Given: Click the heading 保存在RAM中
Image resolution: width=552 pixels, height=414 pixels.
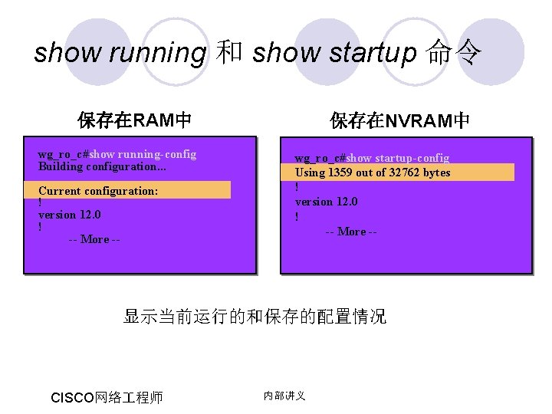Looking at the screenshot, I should (x=134, y=120).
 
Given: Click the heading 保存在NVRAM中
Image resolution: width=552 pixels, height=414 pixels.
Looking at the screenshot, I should (x=400, y=120).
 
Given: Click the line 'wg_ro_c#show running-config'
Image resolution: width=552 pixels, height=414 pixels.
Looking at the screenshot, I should (x=117, y=154).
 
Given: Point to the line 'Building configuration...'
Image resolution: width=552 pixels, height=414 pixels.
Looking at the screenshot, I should (x=102, y=166).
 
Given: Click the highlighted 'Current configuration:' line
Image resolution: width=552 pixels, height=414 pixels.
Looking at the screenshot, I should (x=98, y=191).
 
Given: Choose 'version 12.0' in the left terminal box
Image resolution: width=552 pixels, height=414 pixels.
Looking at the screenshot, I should (x=70, y=215).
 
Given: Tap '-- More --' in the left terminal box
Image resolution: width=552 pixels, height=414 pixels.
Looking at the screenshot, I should (x=94, y=239).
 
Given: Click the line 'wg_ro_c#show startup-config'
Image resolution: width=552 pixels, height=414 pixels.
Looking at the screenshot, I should (x=373, y=158).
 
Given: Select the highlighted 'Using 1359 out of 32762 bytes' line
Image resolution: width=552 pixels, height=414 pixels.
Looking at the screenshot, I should (x=373, y=172).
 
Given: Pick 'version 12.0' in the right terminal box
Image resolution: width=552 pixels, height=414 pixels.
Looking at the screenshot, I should (x=327, y=202).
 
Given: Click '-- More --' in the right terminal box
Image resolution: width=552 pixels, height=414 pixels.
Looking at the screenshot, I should (x=351, y=232).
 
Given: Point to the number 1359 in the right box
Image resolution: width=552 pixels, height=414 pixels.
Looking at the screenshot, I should (x=340, y=172).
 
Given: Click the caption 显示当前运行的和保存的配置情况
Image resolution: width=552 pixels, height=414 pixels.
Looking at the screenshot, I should (x=255, y=316).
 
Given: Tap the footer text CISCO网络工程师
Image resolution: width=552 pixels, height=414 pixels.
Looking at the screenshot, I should (x=107, y=397).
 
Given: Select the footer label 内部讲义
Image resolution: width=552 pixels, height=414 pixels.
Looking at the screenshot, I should (x=284, y=396).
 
